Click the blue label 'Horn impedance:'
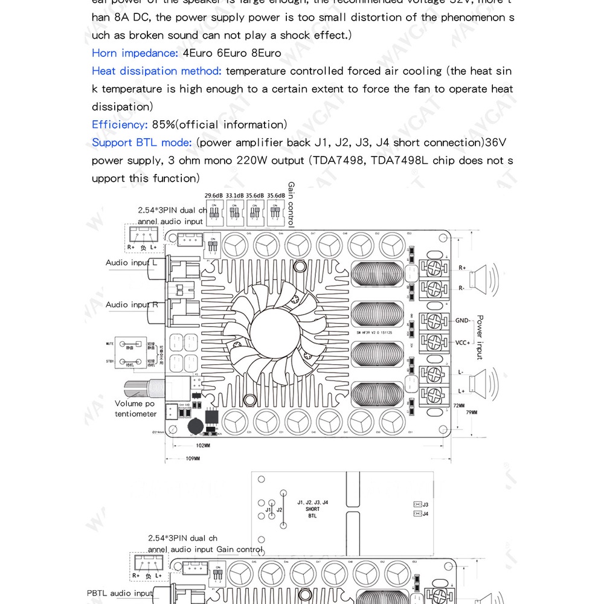pyautogui.click(x=135, y=53)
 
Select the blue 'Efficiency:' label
pyautogui.click(x=120, y=125)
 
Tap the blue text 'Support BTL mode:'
pyautogui.click(x=142, y=143)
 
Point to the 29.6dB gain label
pyautogui.click(x=213, y=196)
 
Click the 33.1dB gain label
pyautogui.click(x=234, y=196)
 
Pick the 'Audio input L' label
pyautogui.click(x=131, y=263)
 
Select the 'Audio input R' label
pyautogui.click(x=132, y=305)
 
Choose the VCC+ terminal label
pyautogui.click(x=463, y=342)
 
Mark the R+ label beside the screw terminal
pyautogui.click(x=462, y=268)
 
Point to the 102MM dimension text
pyautogui.click(x=203, y=446)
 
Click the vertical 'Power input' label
pyautogui.click(x=480, y=336)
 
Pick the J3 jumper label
pyautogui.click(x=425, y=504)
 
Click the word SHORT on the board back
pyautogui.click(x=312, y=509)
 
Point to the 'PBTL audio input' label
pyautogui.click(x=120, y=593)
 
